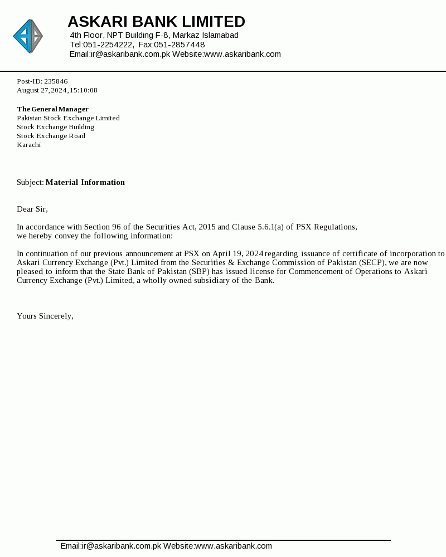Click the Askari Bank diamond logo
click(x=28, y=36)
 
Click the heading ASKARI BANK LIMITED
click(x=156, y=22)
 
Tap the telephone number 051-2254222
click(x=108, y=45)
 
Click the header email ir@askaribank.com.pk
click(x=130, y=54)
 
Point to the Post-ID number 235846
click(x=56, y=81)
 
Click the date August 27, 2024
click(x=42, y=90)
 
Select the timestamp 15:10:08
click(x=84, y=90)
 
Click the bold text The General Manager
click(x=52, y=109)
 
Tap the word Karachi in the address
click(x=28, y=145)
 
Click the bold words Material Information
click(x=85, y=182)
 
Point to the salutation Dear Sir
click(x=32, y=209)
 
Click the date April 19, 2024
click(x=238, y=253)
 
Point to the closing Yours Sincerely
click(x=45, y=316)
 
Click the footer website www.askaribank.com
click(x=234, y=546)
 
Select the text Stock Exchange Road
click(x=51, y=136)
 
